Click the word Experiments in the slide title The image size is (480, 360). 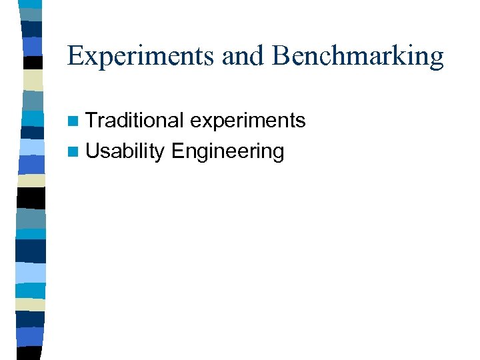point(141,56)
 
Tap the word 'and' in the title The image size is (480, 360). point(244,56)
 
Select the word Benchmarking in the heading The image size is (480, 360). point(357,56)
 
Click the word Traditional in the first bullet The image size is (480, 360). point(134,121)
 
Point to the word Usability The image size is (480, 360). point(125,152)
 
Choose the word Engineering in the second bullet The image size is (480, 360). point(227,153)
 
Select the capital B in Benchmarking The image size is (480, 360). point(280,56)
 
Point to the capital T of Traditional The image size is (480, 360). point(92,121)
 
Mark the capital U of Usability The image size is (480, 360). point(93,151)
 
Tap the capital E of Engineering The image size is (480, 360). point(178,151)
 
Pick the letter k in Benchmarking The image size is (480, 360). point(389,56)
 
